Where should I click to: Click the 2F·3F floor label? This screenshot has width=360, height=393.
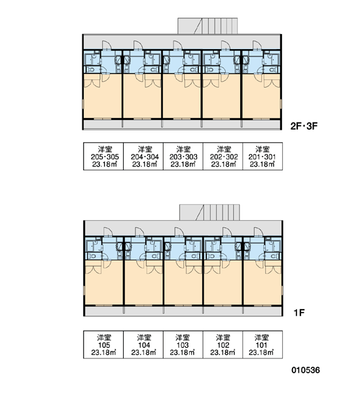coord(304,126)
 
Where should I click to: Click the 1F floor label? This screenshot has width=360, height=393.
coord(299,312)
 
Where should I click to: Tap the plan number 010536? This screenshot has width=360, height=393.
coord(306,370)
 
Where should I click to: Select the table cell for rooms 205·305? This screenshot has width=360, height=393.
coord(103,157)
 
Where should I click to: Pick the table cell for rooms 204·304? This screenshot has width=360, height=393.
coord(143,157)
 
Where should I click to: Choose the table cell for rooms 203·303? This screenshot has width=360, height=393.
coord(183,157)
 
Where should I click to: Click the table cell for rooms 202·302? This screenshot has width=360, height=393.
coord(223,157)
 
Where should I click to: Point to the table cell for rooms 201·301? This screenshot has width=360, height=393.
coord(262,157)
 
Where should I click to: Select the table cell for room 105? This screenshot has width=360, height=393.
coord(103,345)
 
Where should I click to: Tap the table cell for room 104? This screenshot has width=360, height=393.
coord(143,345)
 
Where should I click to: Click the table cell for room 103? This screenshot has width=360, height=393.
coord(183,345)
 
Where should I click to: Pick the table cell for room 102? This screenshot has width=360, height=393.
coord(223,345)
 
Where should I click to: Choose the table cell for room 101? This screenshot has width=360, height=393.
coord(262,345)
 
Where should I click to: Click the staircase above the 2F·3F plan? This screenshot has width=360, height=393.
coord(207,26)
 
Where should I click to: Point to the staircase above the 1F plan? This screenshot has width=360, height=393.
coord(209,212)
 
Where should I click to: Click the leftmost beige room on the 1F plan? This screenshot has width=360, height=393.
coord(103,282)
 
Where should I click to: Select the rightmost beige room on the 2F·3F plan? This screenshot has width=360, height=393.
coord(261,96)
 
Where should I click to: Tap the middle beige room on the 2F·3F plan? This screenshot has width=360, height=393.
coord(182,96)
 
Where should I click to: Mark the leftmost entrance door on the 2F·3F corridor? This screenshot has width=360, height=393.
coord(107,45)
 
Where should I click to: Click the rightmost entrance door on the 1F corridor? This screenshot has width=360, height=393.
coord(259,232)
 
